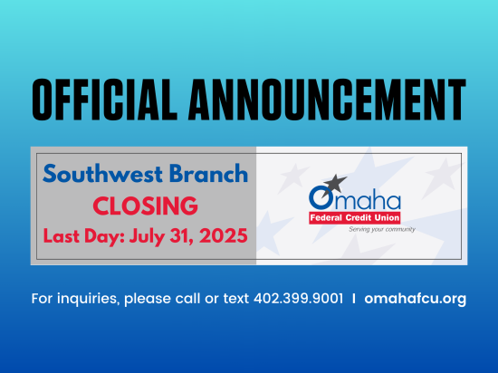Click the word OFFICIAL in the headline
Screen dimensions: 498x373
point(104,100)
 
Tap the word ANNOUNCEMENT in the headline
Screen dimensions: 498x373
point(327,100)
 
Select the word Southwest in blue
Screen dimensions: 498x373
point(103,174)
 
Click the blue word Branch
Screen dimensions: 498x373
point(208,173)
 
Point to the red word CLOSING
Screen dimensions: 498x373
point(146,206)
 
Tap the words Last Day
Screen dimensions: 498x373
point(84,236)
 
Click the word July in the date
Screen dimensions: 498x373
point(147,237)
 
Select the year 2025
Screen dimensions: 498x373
point(224,235)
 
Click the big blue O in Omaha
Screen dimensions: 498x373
point(321,197)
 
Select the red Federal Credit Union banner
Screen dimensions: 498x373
point(354,218)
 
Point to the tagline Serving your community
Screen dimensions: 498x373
point(382,229)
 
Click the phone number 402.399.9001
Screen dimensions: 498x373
point(299,299)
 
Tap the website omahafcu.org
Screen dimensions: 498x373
point(415,299)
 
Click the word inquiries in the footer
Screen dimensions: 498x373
point(89,299)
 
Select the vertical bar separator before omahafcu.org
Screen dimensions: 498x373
point(354,299)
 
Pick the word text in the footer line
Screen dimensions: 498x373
point(236,299)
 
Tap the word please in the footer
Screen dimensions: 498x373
point(148,300)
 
